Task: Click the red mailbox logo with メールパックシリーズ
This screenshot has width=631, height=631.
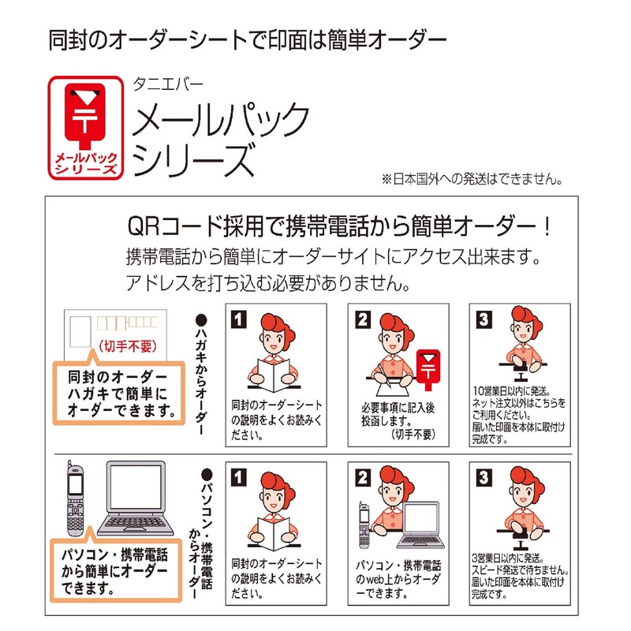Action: (86, 128)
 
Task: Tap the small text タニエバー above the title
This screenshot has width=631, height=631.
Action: (168, 84)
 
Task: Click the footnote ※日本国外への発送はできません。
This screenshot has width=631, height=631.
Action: (472, 179)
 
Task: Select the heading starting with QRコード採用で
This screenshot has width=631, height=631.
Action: (339, 226)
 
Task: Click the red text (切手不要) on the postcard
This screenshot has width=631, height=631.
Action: (128, 346)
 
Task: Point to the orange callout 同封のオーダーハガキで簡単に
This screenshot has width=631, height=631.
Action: (119, 392)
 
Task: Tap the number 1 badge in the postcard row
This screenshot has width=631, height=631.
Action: (239, 319)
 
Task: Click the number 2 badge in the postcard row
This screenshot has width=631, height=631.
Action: (362, 319)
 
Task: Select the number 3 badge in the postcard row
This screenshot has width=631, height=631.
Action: (484, 319)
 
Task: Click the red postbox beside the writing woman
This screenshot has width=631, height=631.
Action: (428, 369)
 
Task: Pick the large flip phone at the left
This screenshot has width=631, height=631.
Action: (75, 498)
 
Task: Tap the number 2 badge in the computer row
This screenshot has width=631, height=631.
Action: (362, 478)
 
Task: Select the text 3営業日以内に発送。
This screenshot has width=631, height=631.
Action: (508, 558)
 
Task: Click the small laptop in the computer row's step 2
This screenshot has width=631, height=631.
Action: (421, 525)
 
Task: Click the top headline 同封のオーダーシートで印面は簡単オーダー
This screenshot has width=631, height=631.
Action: (247, 40)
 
